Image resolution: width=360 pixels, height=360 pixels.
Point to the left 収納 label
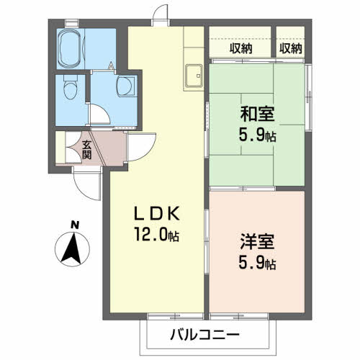pos(241,48)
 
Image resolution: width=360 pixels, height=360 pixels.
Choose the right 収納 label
pos(290,48)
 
